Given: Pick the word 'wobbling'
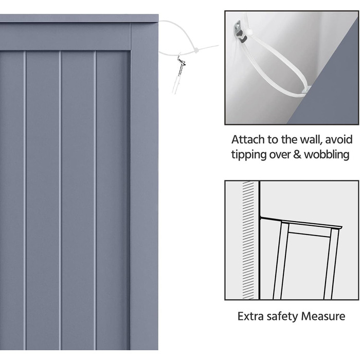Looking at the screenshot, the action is click(x=327, y=154).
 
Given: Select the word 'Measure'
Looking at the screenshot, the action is click(x=323, y=316).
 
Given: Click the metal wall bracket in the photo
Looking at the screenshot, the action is click(x=240, y=32).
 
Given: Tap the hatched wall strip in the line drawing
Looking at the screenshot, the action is click(x=248, y=240).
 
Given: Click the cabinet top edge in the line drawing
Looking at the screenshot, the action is click(x=301, y=223).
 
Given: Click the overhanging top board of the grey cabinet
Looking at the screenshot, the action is click(x=79, y=18).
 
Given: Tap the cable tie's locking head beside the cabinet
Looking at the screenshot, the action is click(x=196, y=50).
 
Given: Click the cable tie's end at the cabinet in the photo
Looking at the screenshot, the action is click(x=307, y=90).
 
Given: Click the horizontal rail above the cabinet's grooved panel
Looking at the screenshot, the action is click(x=65, y=37).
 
